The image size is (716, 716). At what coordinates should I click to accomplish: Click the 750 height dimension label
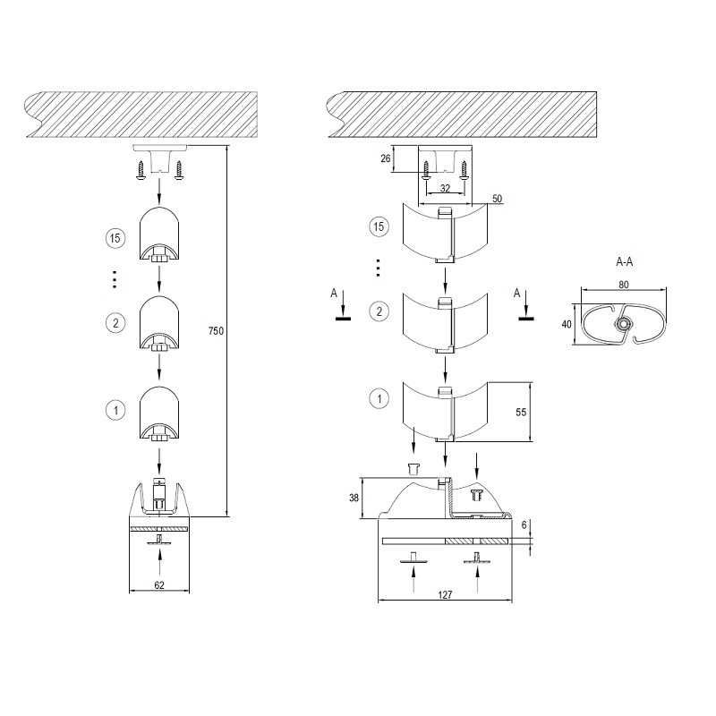pyautogui.click(x=216, y=331)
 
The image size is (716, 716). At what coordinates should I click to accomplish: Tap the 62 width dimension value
pyautogui.click(x=159, y=585)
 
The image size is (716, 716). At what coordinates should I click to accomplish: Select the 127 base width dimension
pyautogui.click(x=445, y=595)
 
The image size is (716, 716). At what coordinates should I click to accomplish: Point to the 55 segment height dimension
pyautogui.click(x=521, y=413)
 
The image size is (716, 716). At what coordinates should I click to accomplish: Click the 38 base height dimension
pyautogui.click(x=354, y=499)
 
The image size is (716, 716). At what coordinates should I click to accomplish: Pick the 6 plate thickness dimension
pyautogui.click(x=524, y=525)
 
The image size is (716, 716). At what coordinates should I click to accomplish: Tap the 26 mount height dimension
pyautogui.click(x=386, y=158)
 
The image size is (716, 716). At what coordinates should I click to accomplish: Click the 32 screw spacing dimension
pyautogui.click(x=445, y=188)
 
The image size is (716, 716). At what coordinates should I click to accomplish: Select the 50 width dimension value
pyautogui.click(x=498, y=199)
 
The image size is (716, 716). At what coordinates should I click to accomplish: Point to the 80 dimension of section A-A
pyautogui.click(x=624, y=285)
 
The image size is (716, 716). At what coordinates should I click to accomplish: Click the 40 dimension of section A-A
pyautogui.click(x=567, y=324)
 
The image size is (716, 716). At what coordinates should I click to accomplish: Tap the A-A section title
pyautogui.click(x=624, y=261)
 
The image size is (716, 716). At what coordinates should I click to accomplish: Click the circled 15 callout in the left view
pyautogui.click(x=115, y=238)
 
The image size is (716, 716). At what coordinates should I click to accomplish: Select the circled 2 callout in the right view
pyautogui.click(x=379, y=311)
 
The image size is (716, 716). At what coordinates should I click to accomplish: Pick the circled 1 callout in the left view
pyautogui.click(x=115, y=410)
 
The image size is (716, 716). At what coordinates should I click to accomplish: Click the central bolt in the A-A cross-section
pyautogui.click(x=621, y=324)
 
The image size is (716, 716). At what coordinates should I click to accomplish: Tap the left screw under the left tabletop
pyautogui.click(x=141, y=172)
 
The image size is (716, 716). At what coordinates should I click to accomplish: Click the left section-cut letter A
pyautogui.click(x=334, y=294)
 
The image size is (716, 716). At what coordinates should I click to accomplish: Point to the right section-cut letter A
pyautogui.click(x=517, y=294)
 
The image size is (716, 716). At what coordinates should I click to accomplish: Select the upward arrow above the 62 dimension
pyautogui.click(x=159, y=561)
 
